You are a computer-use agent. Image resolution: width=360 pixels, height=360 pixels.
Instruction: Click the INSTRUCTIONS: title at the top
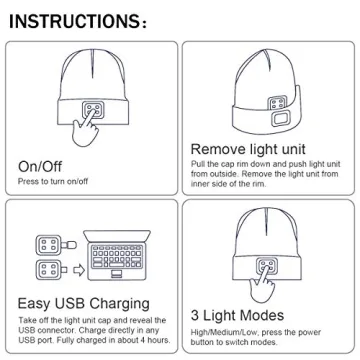pyautogui.click(x=88, y=20)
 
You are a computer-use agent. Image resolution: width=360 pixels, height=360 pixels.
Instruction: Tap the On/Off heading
pyautogui.click(x=42, y=166)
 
